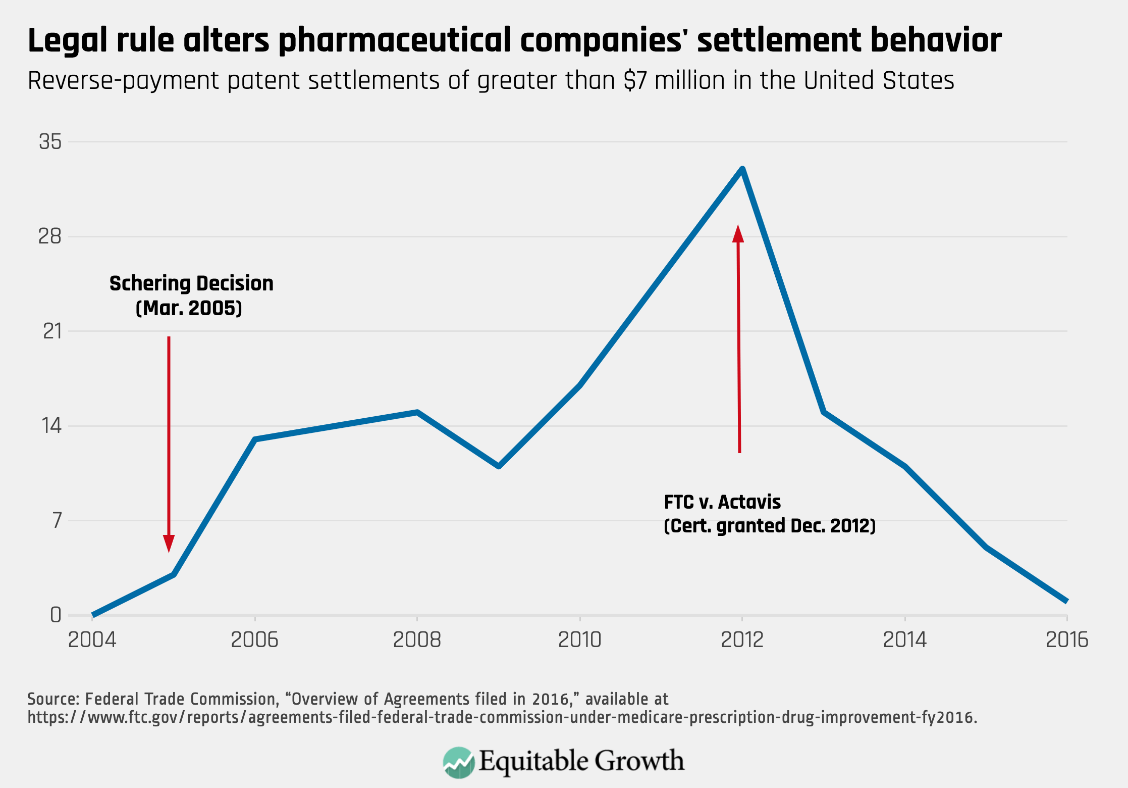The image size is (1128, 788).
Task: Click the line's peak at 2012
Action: tap(742, 169)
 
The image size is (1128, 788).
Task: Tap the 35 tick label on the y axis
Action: tap(50, 142)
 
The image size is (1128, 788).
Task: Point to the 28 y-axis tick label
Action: tap(50, 236)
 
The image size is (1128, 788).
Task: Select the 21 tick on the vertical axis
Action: tap(51, 331)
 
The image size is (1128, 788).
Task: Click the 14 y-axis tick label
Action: tap(51, 426)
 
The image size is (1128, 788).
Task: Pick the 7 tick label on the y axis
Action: tap(57, 520)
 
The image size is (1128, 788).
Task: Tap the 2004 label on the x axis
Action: tap(92, 640)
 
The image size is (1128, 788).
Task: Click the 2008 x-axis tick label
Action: tap(417, 640)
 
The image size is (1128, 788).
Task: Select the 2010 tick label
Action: tap(579, 640)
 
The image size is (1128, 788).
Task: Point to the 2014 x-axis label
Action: tap(904, 640)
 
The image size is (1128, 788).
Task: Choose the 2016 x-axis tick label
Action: tap(1067, 640)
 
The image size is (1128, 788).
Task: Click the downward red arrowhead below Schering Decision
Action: tap(169, 544)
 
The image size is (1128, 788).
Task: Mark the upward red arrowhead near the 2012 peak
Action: tap(738, 234)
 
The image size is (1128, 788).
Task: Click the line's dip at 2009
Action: tap(499, 466)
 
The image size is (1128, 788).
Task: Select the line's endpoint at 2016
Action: tap(1066, 601)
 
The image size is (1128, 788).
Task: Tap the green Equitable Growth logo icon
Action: tap(458, 762)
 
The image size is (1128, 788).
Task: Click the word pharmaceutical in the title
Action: tap(394, 40)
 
